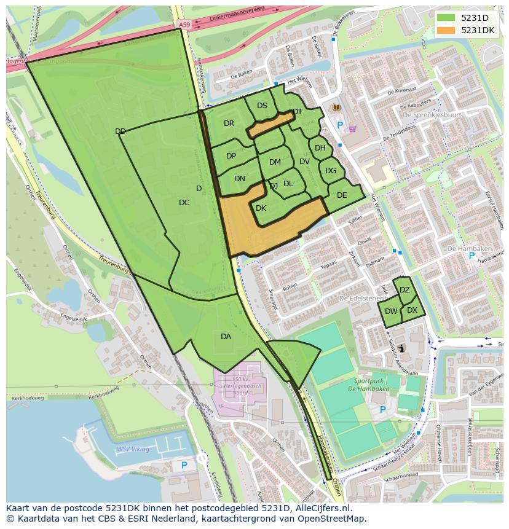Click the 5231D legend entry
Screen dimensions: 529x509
point(467,18)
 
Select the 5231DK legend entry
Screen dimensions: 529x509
point(467,30)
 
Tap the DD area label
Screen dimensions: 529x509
point(120,131)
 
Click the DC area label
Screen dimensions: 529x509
point(184,203)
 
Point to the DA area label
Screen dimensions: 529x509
point(226,336)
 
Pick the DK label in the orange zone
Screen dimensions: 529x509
point(261,208)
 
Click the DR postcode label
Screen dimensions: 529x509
point(229,123)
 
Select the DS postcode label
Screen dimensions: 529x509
point(262,106)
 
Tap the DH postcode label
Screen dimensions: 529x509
point(320,148)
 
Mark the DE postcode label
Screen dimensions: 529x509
point(342,195)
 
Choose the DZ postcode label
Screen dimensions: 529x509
point(404,290)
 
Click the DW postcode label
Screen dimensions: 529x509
point(391,312)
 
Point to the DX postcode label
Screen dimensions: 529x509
point(412,310)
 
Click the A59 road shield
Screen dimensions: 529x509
point(184,25)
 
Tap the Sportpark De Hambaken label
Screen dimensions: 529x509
point(382,385)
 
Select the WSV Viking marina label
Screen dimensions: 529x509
point(133,449)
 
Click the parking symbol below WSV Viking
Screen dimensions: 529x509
point(184,466)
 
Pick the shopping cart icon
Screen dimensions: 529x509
point(352,129)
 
